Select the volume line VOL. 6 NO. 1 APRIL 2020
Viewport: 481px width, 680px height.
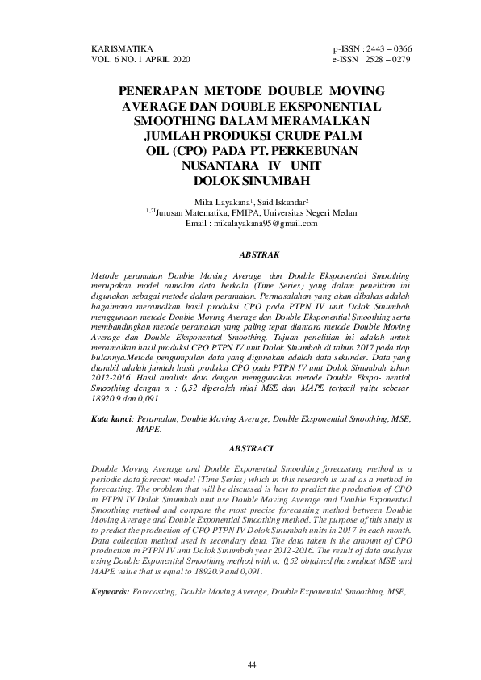(138, 60)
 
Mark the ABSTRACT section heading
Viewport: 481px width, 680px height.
(251, 447)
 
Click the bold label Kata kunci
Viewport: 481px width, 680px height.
(111, 420)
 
